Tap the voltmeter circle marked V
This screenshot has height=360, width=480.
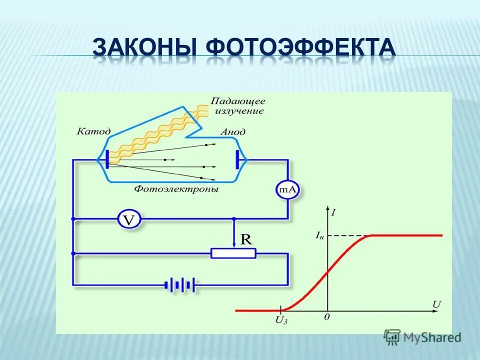129,218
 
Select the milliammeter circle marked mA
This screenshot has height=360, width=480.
287,189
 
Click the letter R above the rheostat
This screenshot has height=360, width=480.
246,239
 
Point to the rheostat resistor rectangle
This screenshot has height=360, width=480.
233,253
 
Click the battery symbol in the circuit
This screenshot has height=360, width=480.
179,285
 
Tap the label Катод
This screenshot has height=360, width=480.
93,131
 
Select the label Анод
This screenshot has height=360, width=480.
232,132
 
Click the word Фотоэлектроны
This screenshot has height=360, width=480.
176,189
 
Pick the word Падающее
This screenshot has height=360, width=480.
237,101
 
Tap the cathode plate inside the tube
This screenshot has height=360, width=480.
106,160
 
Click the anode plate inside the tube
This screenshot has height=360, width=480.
238,160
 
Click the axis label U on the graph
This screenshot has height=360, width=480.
436,303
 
